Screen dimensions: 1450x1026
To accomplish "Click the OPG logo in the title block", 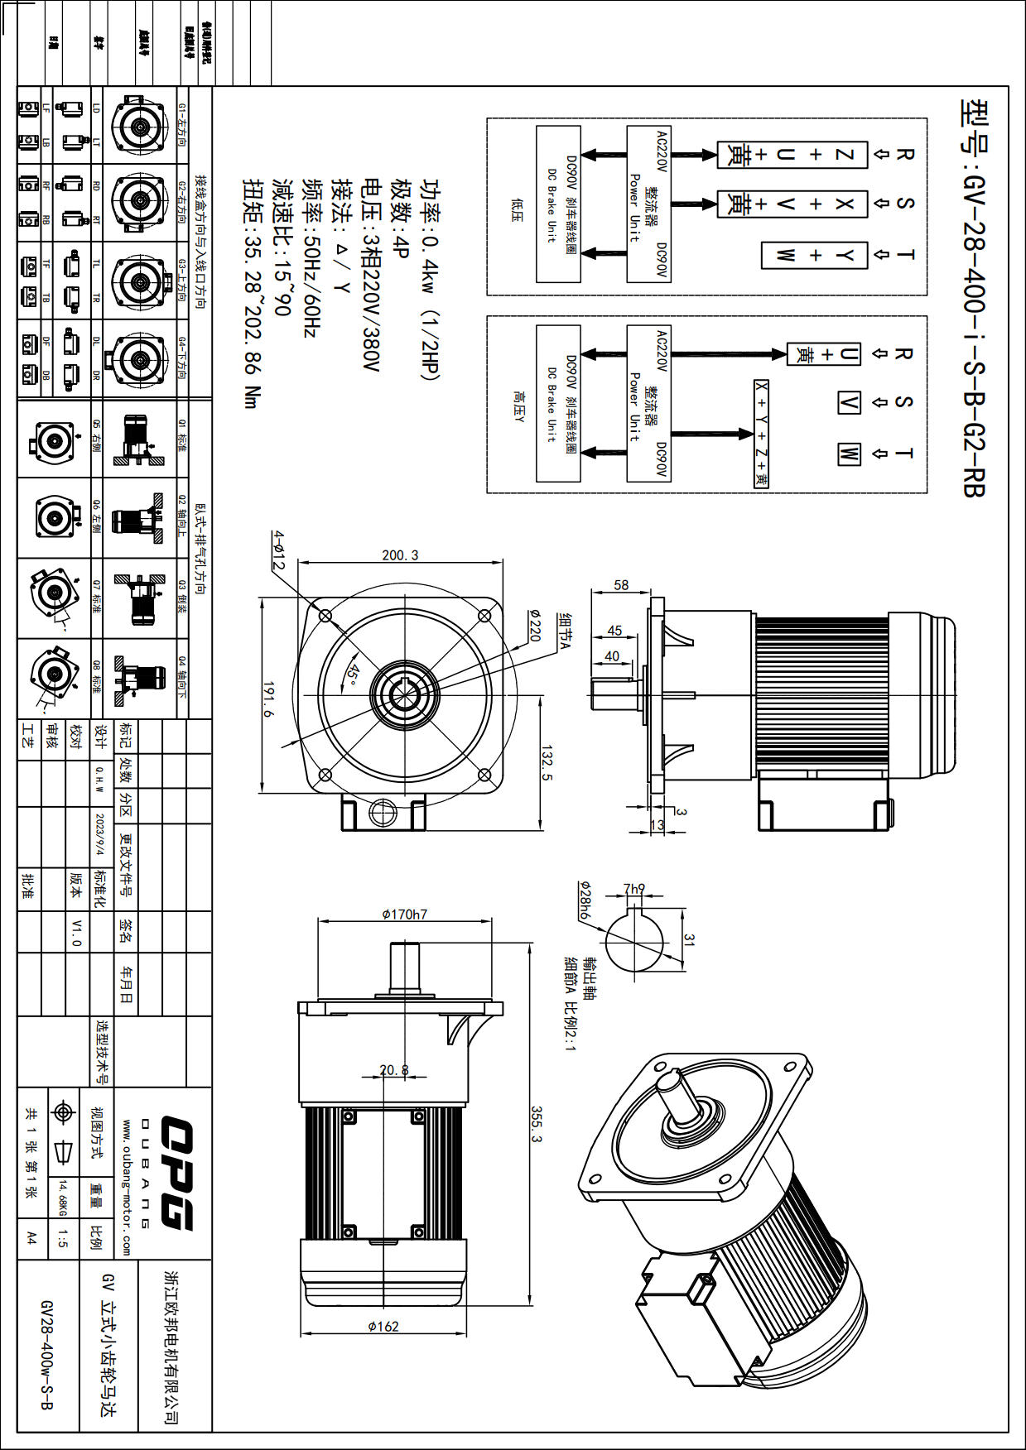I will coord(176,1173).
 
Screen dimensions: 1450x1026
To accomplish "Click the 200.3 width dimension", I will coord(400,555).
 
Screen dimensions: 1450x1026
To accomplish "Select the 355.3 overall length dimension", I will coord(536,1124).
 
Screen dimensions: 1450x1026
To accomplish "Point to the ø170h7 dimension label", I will coord(404,915).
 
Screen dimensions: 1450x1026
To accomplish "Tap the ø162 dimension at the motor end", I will coord(383,1326).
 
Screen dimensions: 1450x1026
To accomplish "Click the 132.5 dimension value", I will coord(547,762).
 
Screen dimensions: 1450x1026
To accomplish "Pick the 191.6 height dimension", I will coord(269,699).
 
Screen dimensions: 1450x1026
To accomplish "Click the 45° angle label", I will coord(354,674).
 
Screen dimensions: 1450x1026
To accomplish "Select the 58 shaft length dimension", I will coord(621,585).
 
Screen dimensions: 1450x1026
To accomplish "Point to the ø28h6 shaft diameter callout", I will coord(585,900).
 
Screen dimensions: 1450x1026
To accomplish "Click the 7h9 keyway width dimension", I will coord(634,889).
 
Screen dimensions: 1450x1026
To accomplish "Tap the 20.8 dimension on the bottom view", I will coord(394,1070).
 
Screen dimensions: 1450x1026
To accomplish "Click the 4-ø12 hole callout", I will coord(279,550).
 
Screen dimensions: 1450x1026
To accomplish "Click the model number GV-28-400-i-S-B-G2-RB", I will coord(974,298).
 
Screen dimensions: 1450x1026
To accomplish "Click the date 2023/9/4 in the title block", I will coord(100,834).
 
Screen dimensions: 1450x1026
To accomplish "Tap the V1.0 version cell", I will coord(76,932).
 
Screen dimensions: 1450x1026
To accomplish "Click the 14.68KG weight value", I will coord(62,1198).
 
